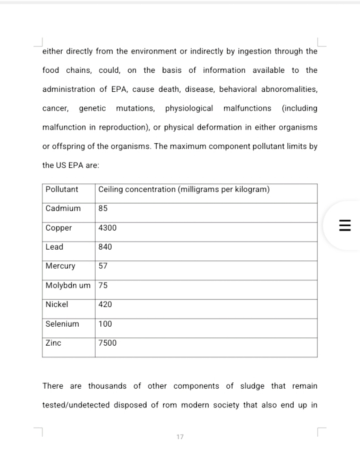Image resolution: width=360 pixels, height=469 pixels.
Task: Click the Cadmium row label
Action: [x=63, y=208]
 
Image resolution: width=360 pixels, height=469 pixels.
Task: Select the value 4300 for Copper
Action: [x=107, y=228]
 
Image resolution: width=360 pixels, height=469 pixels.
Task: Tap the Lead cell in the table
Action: [x=54, y=247]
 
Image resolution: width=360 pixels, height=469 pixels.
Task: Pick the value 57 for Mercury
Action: [x=103, y=266]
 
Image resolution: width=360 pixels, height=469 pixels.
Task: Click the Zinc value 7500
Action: [x=107, y=343]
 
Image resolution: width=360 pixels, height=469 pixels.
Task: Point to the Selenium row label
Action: [x=62, y=324]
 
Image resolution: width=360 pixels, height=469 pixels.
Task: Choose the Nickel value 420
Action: [x=105, y=305]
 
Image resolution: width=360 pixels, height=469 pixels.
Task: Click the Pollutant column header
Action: [x=62, y=190]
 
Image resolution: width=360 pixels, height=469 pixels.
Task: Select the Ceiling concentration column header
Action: [x=184, y=190]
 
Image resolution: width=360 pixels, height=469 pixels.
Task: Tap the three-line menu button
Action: [x=345, y=226]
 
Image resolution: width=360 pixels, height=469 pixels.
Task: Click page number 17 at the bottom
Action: [x=180, y=437]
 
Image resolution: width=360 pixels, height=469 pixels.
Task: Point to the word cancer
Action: [x=55, y=108]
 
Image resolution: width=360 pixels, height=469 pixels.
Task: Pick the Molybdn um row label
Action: [x=68, y=286]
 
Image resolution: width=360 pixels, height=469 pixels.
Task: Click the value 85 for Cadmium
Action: [x=103, y=208]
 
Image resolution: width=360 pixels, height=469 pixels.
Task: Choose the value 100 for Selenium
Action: [x=105, y=324]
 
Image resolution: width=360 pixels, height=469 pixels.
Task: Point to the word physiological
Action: [x=189, y=108]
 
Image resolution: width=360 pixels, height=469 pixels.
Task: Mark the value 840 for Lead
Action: [x=105, y=247]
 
